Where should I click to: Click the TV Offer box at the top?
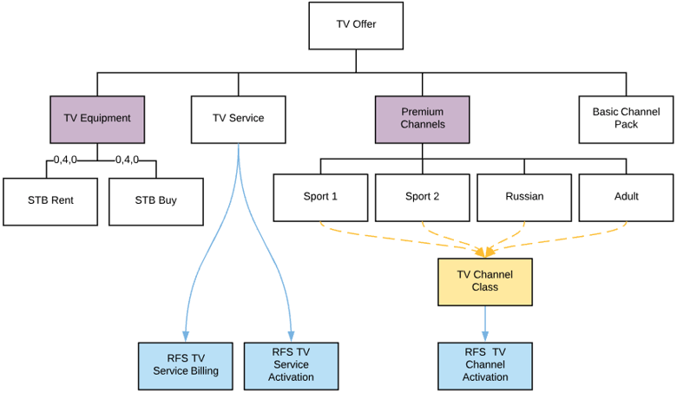(356, 25)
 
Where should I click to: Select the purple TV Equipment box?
(97, 119)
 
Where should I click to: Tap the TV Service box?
(238, 119)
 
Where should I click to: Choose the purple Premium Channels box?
(422, 119)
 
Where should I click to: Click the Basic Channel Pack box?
(626, 119)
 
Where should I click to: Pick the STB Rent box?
(50, 200)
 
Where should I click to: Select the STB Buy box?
(156, 200)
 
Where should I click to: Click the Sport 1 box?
(320, 197)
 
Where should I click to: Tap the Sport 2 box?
(422, 197)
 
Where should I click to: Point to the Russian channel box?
(524, 197)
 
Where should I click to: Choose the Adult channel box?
(626, 197)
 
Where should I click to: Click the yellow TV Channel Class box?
(484, 281)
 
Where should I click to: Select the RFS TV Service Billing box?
(185, 365)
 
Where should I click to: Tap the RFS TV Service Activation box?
(291, 365)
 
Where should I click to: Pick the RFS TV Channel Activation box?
(484, 365)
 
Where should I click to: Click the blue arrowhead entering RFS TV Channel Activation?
(484, 337)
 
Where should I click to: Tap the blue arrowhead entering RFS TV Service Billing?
(185, 337)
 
